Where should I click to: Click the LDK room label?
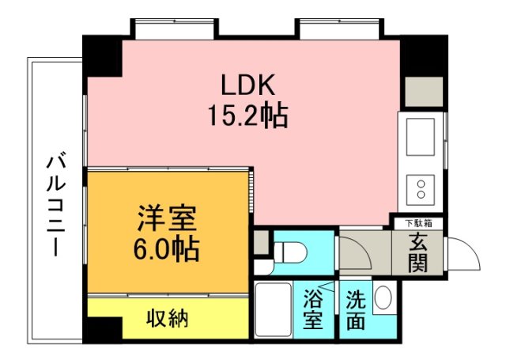coord(247,84)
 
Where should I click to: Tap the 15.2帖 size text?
coord(247,117)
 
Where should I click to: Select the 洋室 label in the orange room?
coord(165,218)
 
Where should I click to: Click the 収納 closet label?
coord(167,320)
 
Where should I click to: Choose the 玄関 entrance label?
coord(417,253)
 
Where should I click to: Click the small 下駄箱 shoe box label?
coord(417,223)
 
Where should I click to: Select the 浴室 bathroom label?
coord(313,310)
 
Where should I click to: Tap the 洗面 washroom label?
coord(354,310)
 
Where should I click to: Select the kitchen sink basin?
coord(421,136)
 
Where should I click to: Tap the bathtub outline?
coord(274,310)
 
